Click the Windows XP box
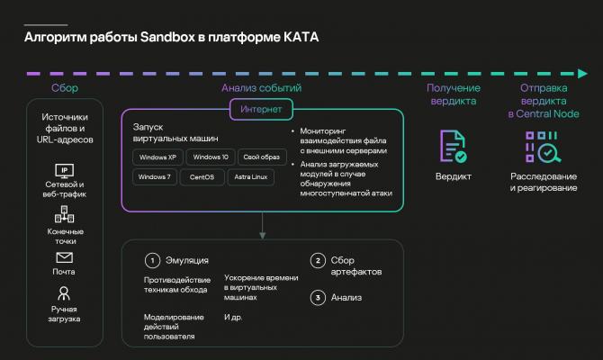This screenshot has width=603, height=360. (157, 157)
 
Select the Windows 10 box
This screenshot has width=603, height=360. (211, 157)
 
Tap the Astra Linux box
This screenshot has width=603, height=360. (251, 177)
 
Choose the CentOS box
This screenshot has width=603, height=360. (202, 177)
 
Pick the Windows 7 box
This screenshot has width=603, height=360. (155, 177)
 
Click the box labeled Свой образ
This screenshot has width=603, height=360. (262, 157)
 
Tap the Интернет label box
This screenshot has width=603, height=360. (261, 109)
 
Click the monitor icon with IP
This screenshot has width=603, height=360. (64, 171)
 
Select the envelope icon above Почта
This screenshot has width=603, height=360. (64, 257)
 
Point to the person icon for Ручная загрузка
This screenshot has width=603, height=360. (64, 293)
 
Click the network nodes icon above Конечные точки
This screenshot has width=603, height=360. (64, 214)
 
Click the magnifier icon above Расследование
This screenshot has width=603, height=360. (549, 153)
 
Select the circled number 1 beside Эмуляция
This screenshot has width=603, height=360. (152, 260)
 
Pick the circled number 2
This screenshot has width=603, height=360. (318, 260)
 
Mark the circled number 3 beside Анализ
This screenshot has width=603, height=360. (318, 297)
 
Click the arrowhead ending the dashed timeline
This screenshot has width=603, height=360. (582, 74)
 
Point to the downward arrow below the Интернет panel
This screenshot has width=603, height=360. (262, 225)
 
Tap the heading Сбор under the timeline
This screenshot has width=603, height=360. (65, 88)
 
